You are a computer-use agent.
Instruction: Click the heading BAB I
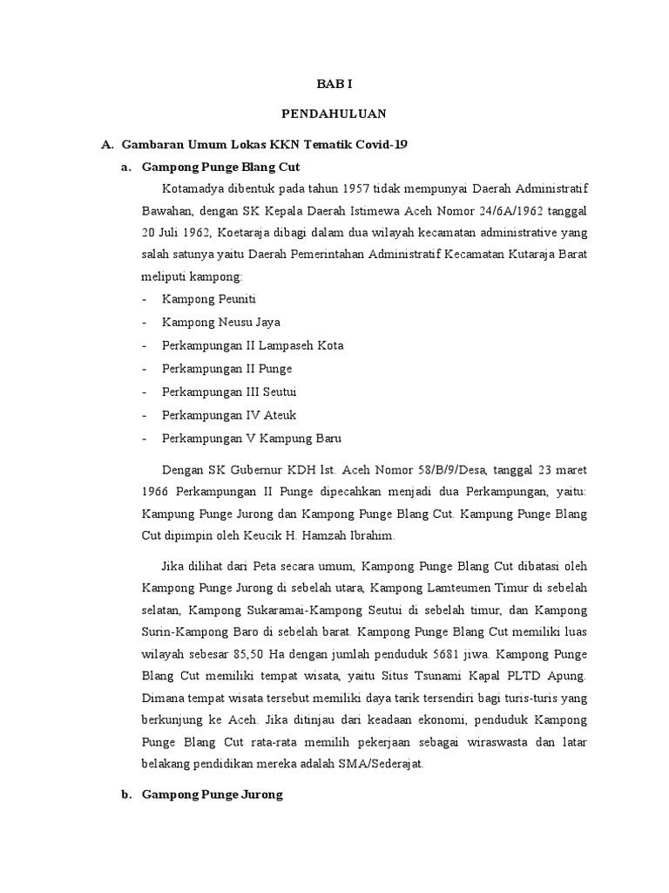(334, 85)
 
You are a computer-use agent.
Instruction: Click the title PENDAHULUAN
(334, 113)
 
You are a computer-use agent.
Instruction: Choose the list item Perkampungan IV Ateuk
(217, 415)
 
